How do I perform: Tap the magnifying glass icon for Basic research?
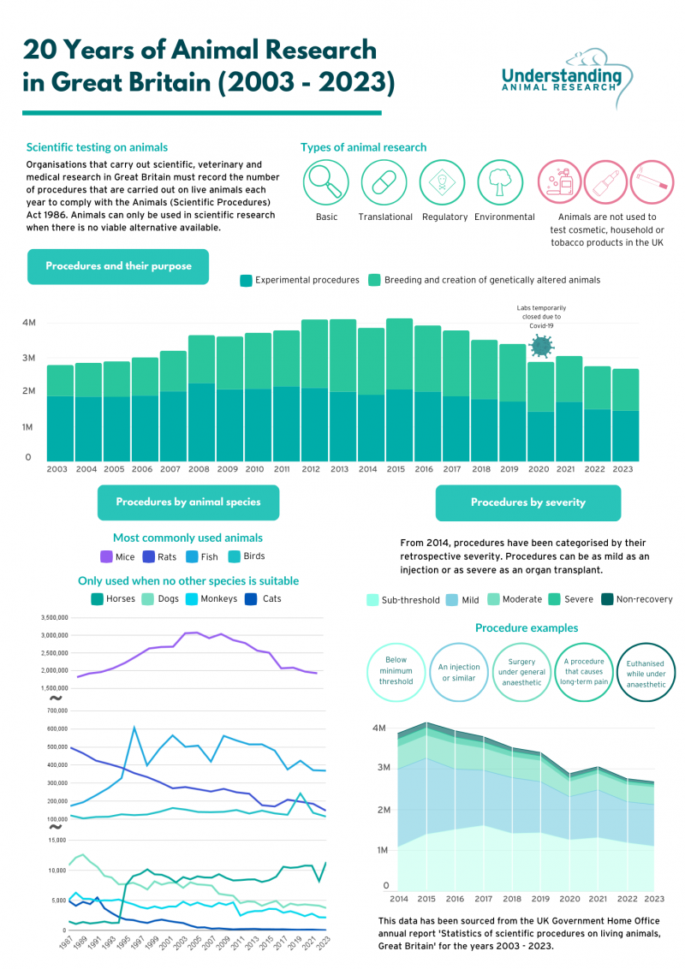point(326,181)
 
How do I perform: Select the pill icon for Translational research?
point(384,181)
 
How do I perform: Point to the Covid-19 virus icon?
point(541,346)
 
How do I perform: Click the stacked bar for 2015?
point(399,390)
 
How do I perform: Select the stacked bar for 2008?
point(201,398)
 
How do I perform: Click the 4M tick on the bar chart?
point(29,323)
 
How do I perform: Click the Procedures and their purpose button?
point(118,266)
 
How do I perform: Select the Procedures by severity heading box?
point(527,502)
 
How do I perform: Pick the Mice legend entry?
point(117,556)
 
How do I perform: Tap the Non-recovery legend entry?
point(636,599)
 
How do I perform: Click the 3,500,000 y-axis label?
point(54,617)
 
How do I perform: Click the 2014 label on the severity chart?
point(399,899)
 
